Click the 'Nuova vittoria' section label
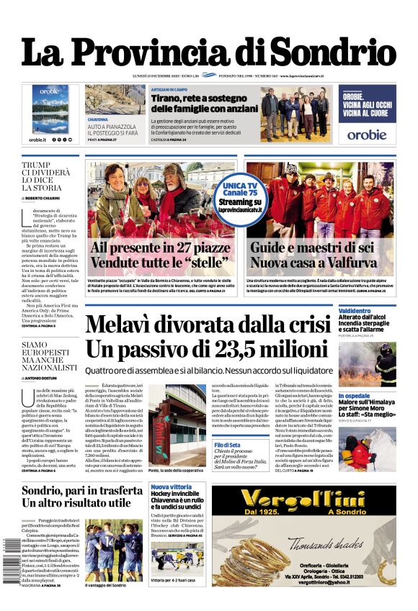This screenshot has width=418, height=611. (171, 488)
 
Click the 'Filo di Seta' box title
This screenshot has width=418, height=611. (228, 445)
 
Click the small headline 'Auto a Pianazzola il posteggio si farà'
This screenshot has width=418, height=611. (112, 130)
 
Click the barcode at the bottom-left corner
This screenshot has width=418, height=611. (8, 562)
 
